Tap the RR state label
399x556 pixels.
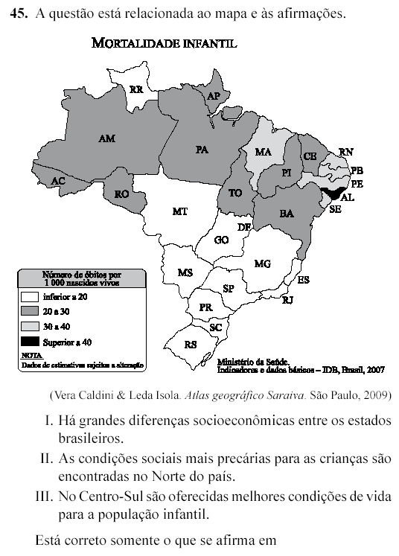coord(136,89)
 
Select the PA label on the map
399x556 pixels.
coord(202,150)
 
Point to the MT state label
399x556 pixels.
coord(179,211)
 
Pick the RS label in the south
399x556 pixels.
coord(191,345)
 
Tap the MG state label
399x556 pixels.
coord(262,263)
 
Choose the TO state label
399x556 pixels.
coord(235,192)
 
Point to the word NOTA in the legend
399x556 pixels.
coord(31,356)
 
